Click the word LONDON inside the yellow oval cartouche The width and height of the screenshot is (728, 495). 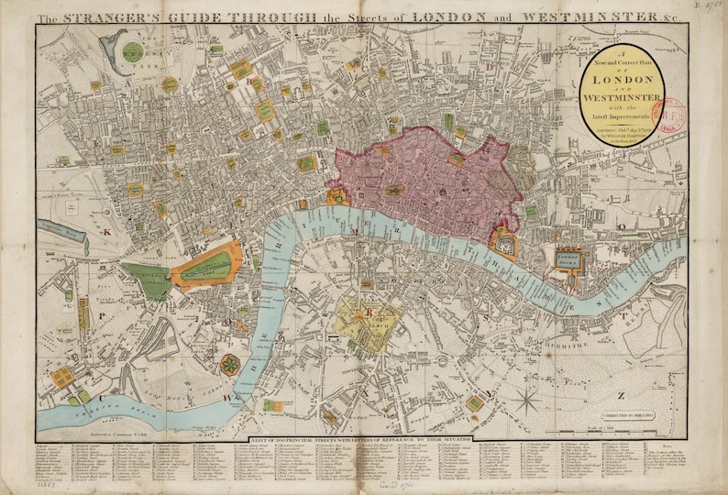click(623, 80)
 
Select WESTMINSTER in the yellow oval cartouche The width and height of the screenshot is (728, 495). click(623, 98)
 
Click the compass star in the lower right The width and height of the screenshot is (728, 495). click(527, 401)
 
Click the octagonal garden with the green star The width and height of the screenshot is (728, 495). click(226, 366)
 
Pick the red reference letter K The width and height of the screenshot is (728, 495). click(105, 232)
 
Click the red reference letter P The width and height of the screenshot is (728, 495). click(103, 312)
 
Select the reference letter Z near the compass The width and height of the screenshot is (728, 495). click(621, 395)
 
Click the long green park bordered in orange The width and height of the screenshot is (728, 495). click(206, 267)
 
